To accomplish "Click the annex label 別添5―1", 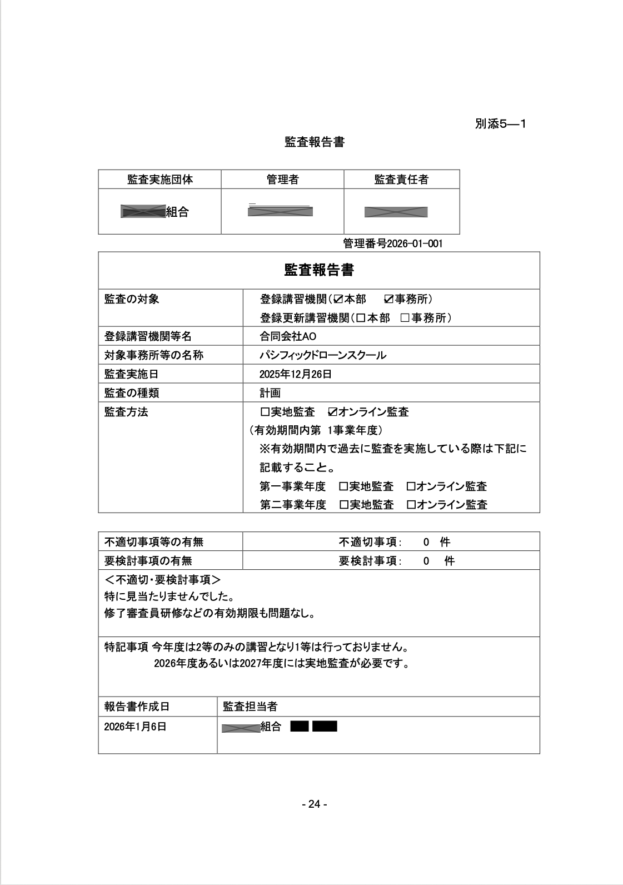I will coord(500,124).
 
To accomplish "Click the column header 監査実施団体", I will coord(160,180).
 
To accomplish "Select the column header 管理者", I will coord(282,180).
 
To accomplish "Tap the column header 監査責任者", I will coord(401,180).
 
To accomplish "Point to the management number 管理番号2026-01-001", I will coord(393,243).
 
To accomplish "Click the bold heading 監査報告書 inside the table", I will coord(318,270).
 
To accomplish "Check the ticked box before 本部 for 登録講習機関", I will coord(338,300).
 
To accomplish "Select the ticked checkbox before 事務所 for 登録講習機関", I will coord(389,300).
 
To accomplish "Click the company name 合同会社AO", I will coord(287,336).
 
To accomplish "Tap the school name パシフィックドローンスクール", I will coord(322,355).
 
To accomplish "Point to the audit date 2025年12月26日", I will coord(295,374).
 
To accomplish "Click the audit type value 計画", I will coord(270,393).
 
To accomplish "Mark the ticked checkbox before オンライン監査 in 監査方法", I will coord(332,412).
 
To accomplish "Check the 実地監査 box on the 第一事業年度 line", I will coord(343,486).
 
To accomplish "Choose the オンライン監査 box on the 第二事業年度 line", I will coord(411,505).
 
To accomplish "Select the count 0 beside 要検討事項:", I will coord(426,561).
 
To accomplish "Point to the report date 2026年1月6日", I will coord(135,727).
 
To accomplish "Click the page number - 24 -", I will coord(314,804).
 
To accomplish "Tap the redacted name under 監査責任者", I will coord(396,212).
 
